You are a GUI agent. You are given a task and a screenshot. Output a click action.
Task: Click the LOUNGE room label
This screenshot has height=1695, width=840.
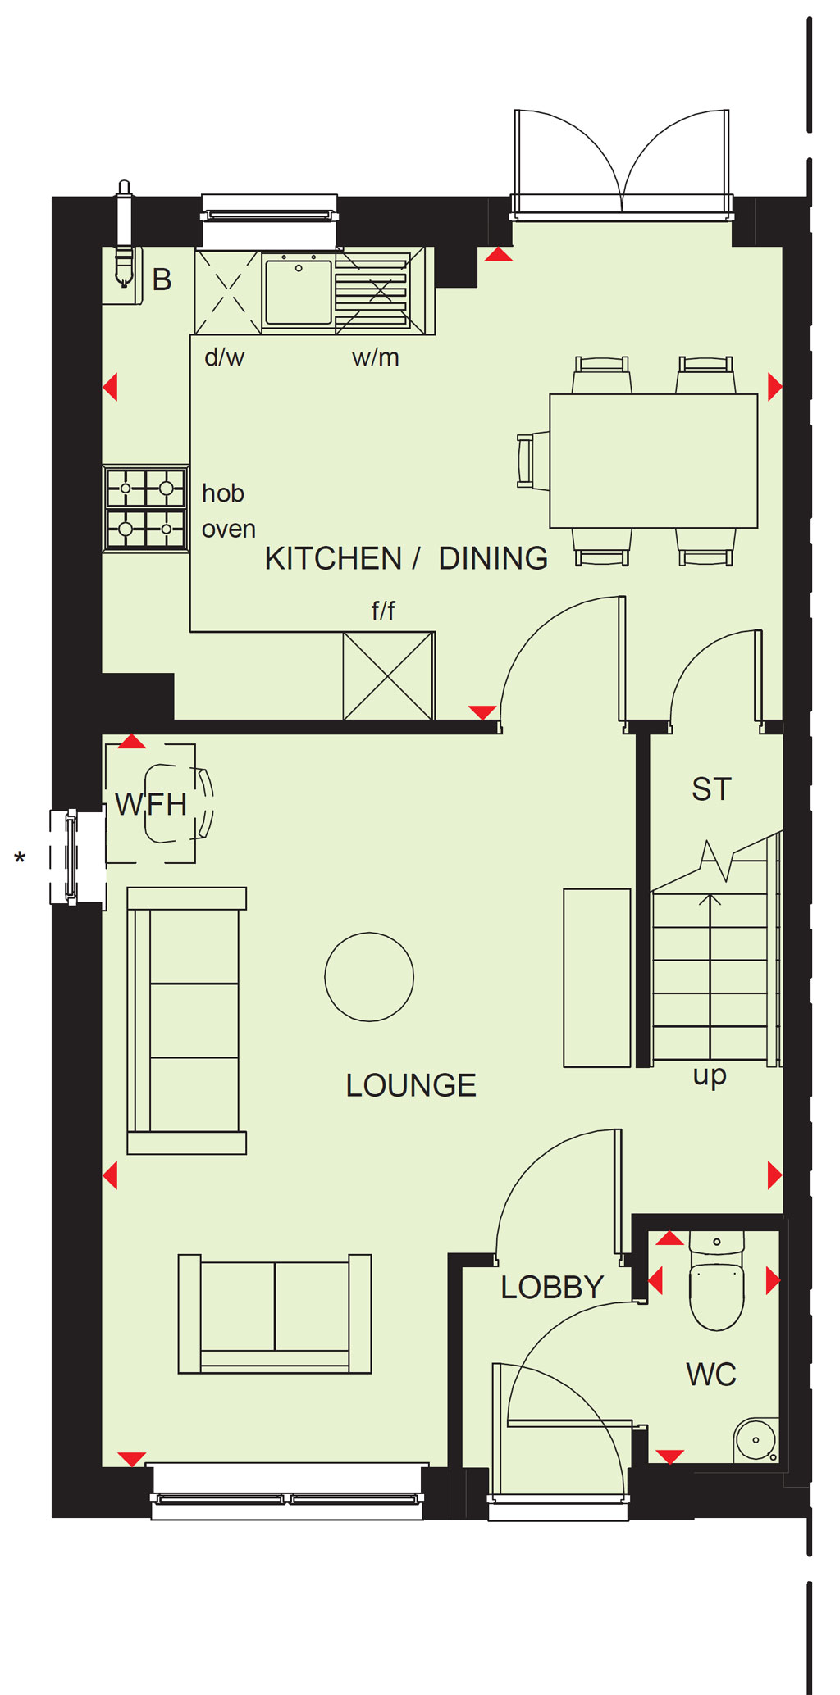pos(410,1085)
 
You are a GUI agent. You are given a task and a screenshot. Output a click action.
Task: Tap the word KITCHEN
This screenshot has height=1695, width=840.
pos(333,558)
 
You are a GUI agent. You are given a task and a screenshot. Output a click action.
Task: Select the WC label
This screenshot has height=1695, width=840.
pos(710,1374)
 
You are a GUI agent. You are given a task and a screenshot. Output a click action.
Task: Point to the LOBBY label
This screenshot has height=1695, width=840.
pos(552,1287)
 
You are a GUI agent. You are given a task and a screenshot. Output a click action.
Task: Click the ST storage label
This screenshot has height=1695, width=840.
pos(711,789)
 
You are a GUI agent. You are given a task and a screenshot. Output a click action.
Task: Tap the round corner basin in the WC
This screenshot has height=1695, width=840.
pos(756,1439)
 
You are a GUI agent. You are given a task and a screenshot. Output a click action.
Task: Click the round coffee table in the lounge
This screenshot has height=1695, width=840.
pos(369,976)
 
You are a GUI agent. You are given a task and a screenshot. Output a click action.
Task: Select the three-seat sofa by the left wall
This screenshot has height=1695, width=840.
pos(187,1020)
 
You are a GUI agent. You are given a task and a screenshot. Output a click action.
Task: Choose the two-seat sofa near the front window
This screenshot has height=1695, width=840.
pos(275,1313)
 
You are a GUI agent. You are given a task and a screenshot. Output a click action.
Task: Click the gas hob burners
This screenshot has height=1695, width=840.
pos(146,508)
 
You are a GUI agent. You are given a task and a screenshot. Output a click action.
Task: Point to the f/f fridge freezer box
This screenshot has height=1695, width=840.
pos(389,676)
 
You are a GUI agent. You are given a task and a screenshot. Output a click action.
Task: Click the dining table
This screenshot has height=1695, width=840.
pos(653,461)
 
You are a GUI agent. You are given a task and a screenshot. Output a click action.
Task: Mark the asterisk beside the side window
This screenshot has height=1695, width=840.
pos(20,858)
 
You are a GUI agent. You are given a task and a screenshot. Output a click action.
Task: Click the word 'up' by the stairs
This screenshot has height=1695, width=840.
pos(710,1075)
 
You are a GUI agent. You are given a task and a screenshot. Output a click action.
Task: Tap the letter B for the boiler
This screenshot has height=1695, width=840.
pos(162,279)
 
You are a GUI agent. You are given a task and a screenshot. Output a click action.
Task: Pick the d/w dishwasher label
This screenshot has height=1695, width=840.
pos(224,357)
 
